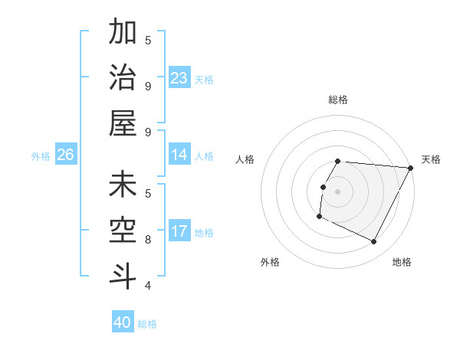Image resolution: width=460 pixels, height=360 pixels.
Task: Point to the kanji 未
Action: (x=123, y=185)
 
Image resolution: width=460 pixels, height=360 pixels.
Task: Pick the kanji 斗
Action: (x=123, y=275)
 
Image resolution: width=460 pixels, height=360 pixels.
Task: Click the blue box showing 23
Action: (x=179, y=77)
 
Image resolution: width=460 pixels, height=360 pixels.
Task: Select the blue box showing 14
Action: (x=179, y=155)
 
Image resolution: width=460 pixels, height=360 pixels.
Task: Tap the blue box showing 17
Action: (x=179, y=231)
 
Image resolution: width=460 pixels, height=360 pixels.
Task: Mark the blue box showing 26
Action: (x=65, y=155)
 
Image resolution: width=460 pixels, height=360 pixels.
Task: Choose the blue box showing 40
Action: (x=123, y=322)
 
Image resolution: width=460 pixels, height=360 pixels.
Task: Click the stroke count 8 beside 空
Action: (x=148, y=239)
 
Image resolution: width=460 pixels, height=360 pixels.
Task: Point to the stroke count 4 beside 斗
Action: (x=148, y=285)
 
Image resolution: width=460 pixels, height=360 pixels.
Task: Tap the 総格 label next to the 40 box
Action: (x=147, y=324)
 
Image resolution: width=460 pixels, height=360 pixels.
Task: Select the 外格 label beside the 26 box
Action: (x=41, y=156)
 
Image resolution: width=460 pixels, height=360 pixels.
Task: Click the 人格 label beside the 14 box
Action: (x=204, y=156)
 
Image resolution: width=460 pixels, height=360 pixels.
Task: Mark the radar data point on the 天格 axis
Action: (x=411, y=168)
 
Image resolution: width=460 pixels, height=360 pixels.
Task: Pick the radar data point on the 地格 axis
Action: (x=374, y=242)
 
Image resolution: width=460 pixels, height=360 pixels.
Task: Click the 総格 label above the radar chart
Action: (x=337, y=100)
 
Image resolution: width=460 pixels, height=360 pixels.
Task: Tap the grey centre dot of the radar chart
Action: (x=337, y=191)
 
